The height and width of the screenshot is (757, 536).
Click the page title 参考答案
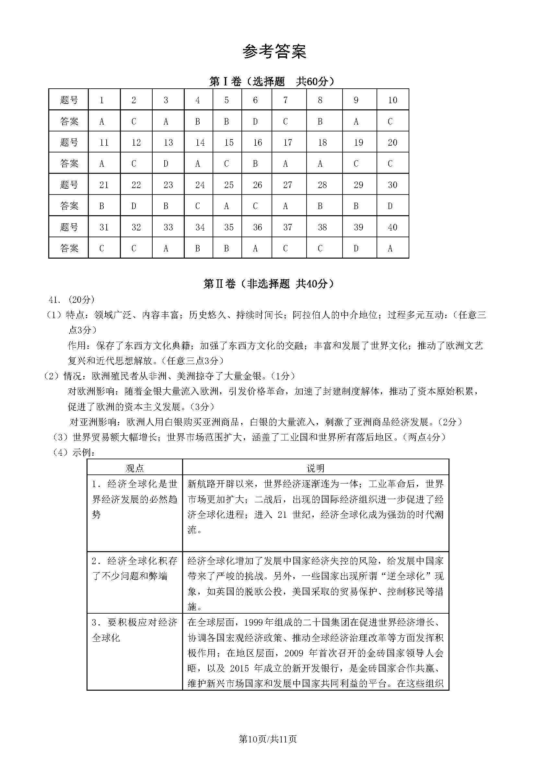click(x=274, y=52)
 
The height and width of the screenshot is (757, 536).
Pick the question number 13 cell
click(x=168, y=142)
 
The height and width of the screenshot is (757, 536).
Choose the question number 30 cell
click(x=392, y=184)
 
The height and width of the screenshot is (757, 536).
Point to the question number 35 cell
click(x=227, y=227)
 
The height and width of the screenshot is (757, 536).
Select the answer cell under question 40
click(x=392, y=248)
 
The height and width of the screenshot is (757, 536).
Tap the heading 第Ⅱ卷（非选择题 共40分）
click(x=269, y=284)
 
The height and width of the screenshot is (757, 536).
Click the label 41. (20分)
click(x=71, y=300)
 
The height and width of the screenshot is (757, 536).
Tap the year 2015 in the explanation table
click(x=239, y=668)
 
